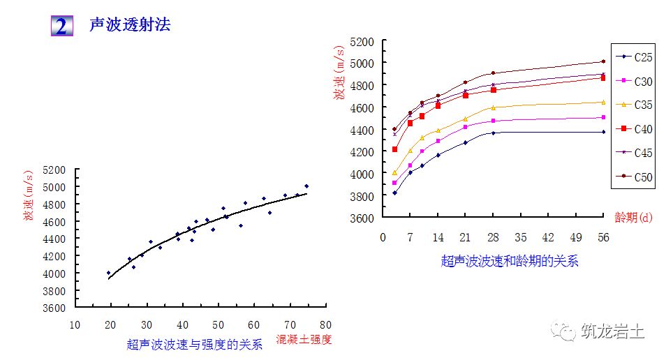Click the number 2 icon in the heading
(x=61, y=26)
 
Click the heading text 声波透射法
(x=130, y=26)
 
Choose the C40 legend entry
(x=635, y=129)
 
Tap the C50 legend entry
(x=635, y=177)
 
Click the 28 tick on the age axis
(x=493, y=237)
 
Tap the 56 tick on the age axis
(x=603, y=237)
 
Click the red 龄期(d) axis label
(x=633, y=216)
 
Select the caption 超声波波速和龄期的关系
(x=510, y=262)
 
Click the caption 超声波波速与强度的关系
(x=195, y=344)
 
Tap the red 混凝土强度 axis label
(x=304, y=340)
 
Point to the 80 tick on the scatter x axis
(x=325, y=324)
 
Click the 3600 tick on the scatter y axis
(x=54, y=308)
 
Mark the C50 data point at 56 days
(x=603, y=61)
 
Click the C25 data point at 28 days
(x=494, y=133)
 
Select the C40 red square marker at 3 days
(x=394, y=149)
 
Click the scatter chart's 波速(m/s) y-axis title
(x=29, y=196)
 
